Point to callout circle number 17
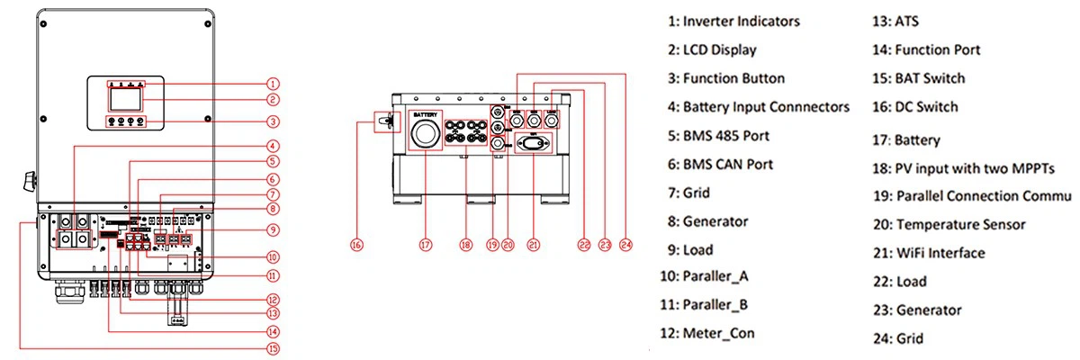(426, 243)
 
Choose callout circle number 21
(534, 243)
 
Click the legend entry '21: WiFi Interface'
(928, 253)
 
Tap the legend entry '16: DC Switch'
(915, 107)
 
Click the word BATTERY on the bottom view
(426, 116)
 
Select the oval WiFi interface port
(534, 143)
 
